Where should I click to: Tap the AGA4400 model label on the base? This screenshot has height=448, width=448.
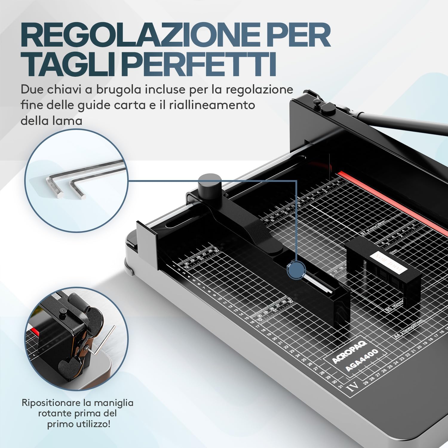point(361,360)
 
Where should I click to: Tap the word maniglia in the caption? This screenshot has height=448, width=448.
point(114,403)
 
